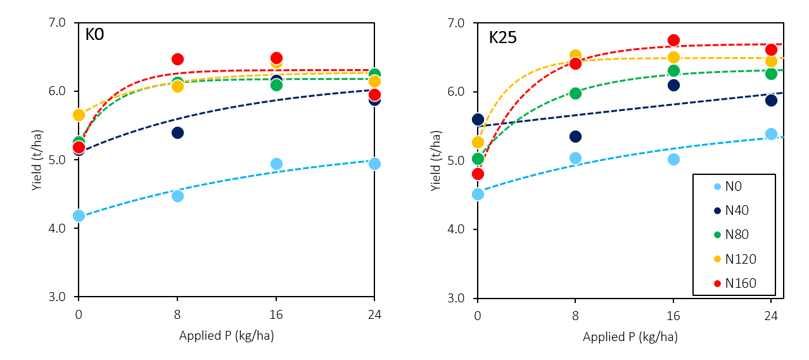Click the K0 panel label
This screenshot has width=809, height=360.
(x=94, y=34)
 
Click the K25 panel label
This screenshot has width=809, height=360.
(x=502, y=37)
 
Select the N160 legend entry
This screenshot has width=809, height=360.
(x=740, y=283)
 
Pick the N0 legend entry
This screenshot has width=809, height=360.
(x=734, y=186)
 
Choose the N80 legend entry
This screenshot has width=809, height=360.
(x=737, y=235)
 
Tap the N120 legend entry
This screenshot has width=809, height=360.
(x=740, y=259)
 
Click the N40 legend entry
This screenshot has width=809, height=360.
(x=737, y=210)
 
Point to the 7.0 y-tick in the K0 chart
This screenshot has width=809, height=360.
(x=58, y=23)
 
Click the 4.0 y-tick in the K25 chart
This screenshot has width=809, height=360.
(x=457, y=229)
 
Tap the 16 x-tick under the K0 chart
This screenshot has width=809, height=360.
(x=276, y=312)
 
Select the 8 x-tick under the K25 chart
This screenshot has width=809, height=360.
(x=575, y=312)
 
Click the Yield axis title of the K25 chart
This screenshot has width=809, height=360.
(x=435, y=160)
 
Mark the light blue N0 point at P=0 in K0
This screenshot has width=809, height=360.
(x=79, y=215)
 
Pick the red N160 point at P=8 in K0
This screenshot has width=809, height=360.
(x=177, y=59)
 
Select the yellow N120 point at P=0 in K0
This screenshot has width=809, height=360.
(x=79, y=115)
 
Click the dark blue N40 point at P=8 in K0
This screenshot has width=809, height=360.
(x=177, y=132)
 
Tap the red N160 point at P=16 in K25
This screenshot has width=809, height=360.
(x=673, y=40)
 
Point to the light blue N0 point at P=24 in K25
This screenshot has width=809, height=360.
(x=771, y=134)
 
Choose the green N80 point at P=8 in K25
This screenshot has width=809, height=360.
(x=575, y=93)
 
